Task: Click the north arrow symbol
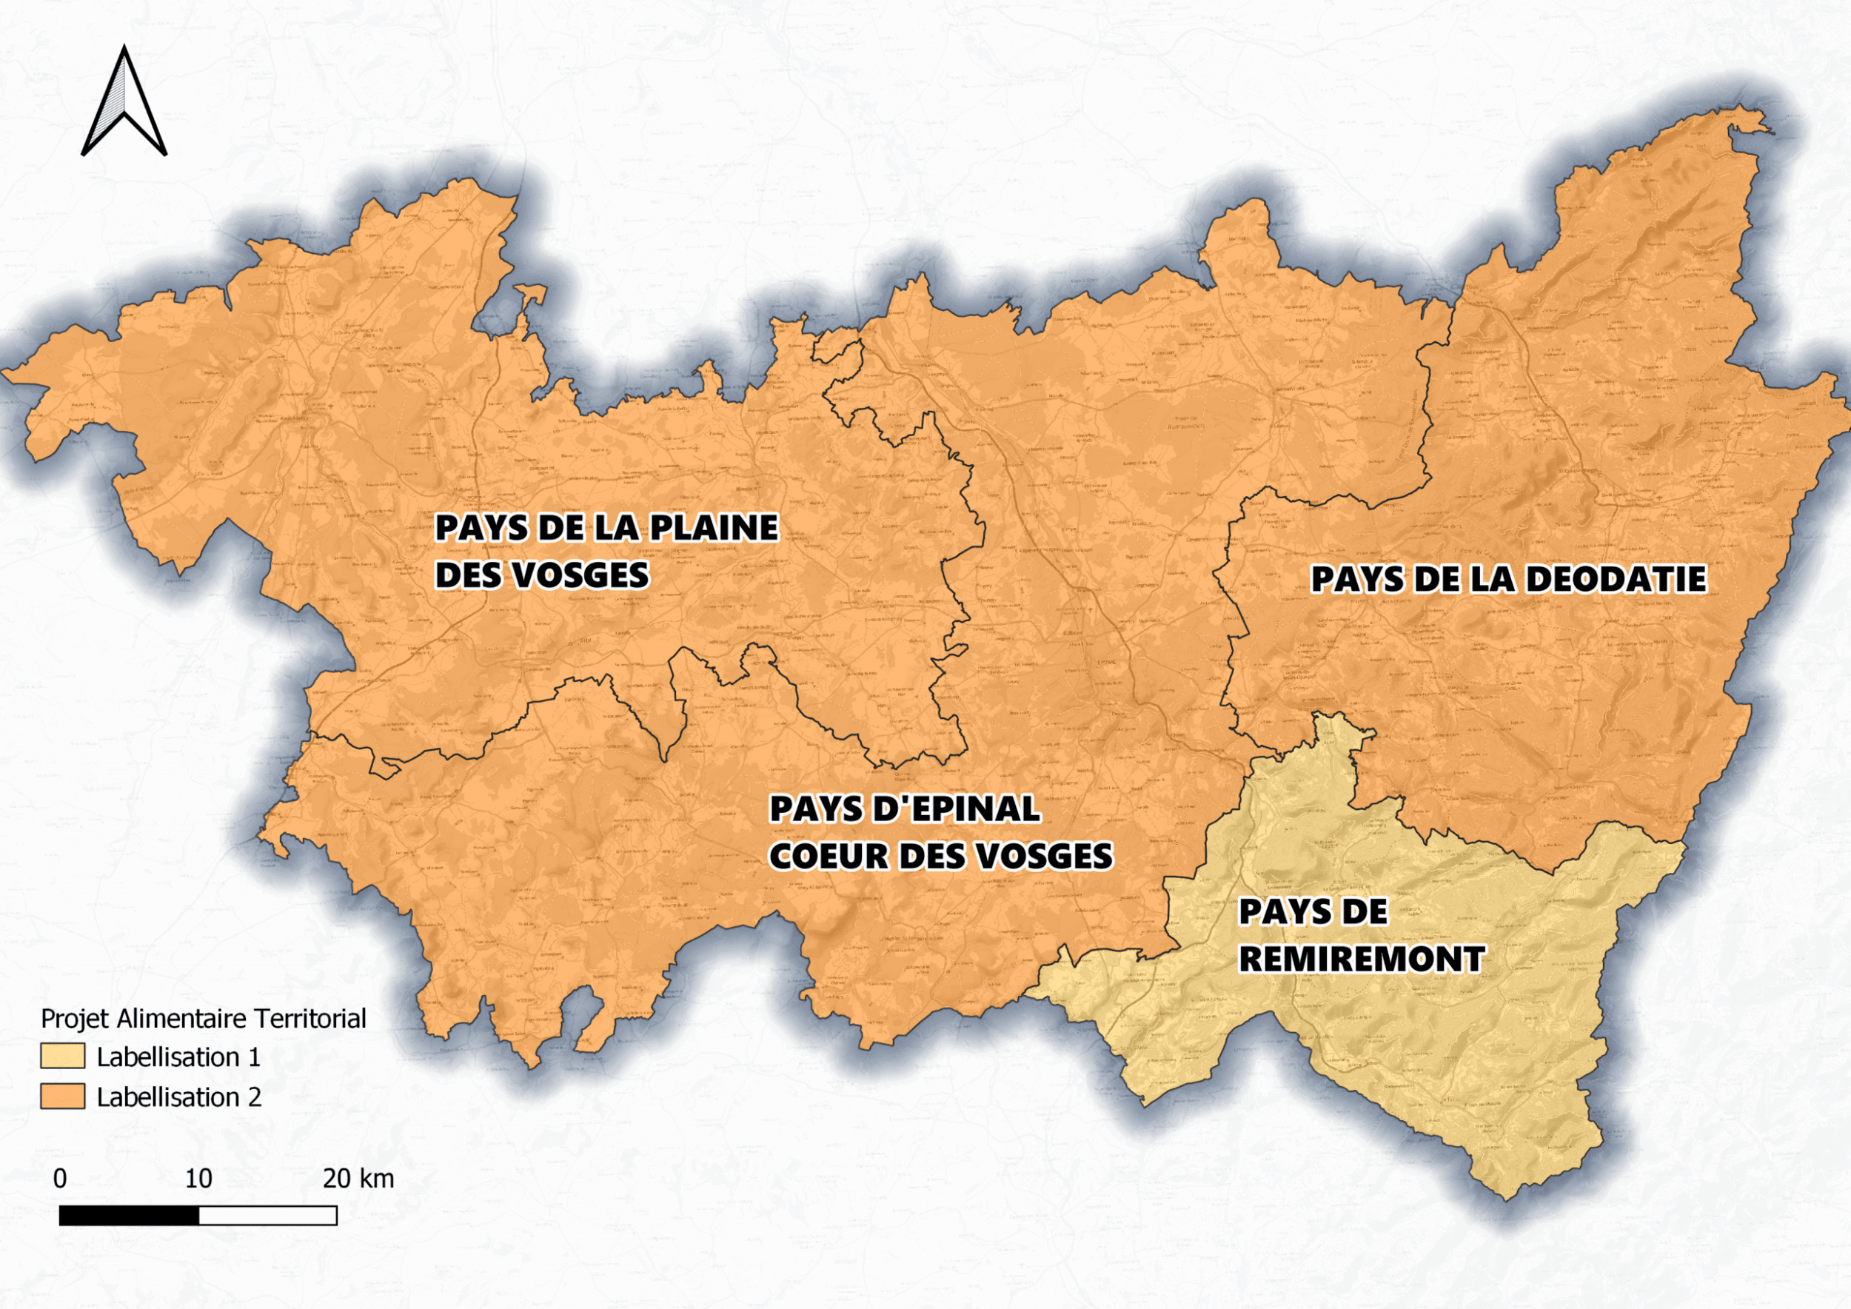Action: (124, 103)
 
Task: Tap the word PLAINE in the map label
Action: (714, 528)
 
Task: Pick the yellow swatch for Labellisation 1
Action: (63, 1057)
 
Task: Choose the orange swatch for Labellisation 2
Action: (63, 1097)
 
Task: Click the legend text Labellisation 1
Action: (178, 1057)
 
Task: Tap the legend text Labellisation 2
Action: (179, 1097)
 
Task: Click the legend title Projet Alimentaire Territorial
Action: (203, 1019)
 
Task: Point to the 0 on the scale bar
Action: (60, 1179)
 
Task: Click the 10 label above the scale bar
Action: (198, 1179)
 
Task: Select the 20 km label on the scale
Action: (358, 1179)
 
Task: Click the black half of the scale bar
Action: (129, 1215)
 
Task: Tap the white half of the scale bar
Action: (267, 1215)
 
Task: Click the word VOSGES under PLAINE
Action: (580, 575)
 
